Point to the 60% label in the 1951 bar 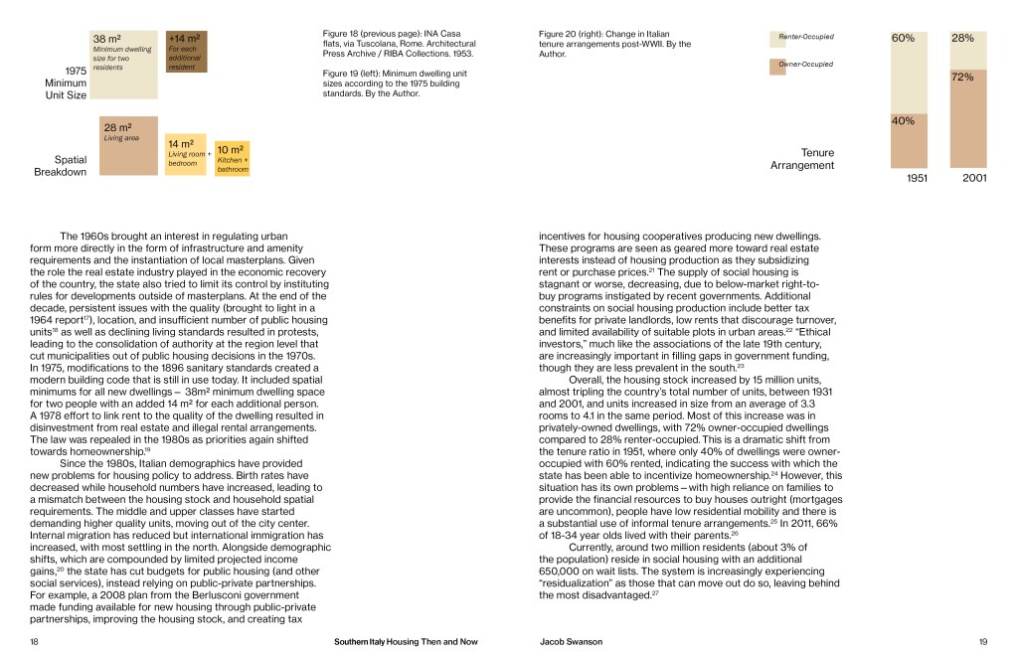pos(903,39)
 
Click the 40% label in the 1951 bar pos(903,121)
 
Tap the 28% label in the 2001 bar pos(962,39)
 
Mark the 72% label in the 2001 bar pos(962,77)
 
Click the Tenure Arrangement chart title pos(802,159)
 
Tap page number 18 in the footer pos(35,642)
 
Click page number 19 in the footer pos(982,642)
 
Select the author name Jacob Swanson pos(571,642)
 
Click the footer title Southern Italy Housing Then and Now pos(406,642)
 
